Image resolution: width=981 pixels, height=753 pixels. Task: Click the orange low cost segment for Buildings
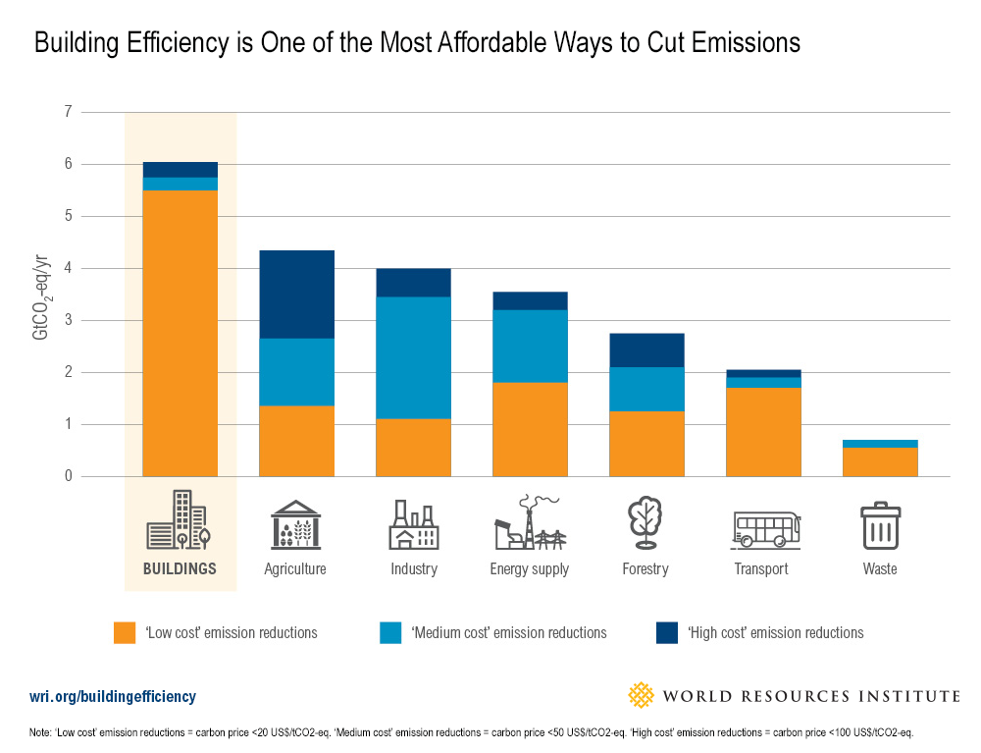pos(180,333)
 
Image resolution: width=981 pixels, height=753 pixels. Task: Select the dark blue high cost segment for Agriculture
pos(296,295)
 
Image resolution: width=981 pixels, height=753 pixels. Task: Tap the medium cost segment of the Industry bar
pos(413,357)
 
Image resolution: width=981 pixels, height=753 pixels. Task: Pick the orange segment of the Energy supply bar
pos(530,429)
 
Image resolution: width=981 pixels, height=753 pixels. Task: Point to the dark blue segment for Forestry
pos(646,350)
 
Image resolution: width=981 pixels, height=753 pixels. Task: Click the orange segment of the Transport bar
pos(763,432)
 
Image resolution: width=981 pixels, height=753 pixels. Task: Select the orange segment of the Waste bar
pos(880,461)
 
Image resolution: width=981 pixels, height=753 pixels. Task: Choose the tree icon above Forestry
pos(645,523)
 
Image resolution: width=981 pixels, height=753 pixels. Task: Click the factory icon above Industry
pos(413,524)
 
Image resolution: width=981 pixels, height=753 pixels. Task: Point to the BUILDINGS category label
pos(180,568)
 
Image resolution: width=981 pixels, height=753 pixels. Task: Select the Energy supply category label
pos(529,569)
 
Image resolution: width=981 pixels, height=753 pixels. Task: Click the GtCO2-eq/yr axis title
pos(41,295)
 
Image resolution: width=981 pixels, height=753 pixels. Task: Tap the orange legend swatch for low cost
pos(126,632)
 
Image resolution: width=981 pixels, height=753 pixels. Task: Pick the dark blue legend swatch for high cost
pos(667,632)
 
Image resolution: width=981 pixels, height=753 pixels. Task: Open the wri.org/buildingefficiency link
pos(113,697)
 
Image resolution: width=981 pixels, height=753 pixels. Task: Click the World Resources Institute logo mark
pos(641,696)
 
